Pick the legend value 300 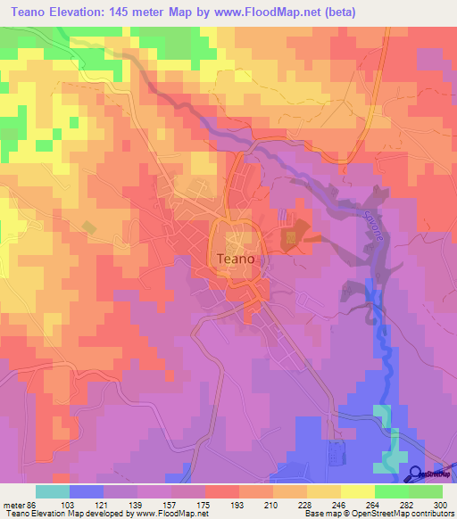click(x=443, y=504)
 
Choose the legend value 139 click(x=136, y=504)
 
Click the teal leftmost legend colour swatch click(x=53, y=491)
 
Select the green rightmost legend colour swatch click(x=426, y=491)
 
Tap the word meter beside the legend click(x=13, y=504)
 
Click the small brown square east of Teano click(x=290, y=239)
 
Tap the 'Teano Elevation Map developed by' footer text click(x=67, y=514)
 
